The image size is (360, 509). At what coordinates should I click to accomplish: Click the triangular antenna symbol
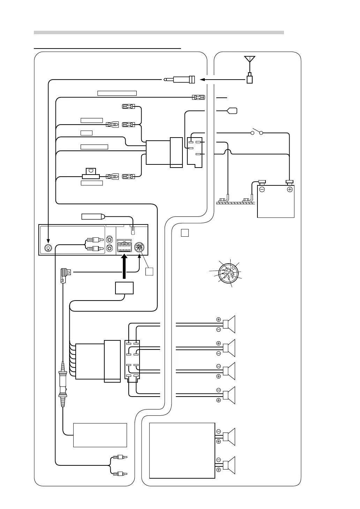coord(250,59)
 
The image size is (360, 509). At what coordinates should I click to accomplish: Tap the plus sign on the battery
coord(289,190)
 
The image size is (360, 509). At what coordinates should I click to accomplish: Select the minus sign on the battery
coord(262,190)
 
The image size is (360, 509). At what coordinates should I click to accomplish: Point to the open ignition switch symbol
coord(257,132)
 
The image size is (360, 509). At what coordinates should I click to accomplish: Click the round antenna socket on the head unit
coord(48,248)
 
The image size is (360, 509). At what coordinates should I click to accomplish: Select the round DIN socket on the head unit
coord(140,248)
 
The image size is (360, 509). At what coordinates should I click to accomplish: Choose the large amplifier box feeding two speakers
coord(182,450)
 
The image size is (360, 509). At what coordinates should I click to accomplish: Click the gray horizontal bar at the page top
coord(159,32)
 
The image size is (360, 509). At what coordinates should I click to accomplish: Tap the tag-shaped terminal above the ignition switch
coord(232,111)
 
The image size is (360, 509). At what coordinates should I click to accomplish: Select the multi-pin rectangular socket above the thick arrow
coord(124,248)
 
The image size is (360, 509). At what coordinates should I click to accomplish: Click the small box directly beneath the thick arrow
coord(124,288)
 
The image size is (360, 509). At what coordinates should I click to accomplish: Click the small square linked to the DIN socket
coord(149,271)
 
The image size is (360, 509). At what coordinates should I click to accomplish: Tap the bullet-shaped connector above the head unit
coord(92,216)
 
